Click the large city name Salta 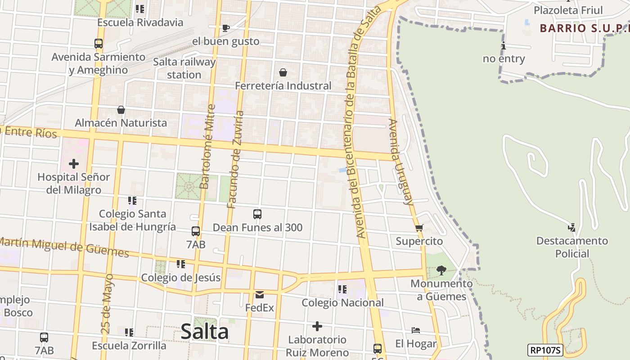click(x=205, y=332)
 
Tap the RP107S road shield click(x=545, y=350)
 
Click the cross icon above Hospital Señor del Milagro click(x=73, y=164)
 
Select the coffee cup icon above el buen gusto click(x=226, y=28)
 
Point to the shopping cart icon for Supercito click(x=419, y=228)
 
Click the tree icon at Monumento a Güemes click(x=441, y=270)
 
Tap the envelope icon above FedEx click(x=260, y=295)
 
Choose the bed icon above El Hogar click(x=416, y=331)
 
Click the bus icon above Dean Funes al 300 click(x=257, y=214)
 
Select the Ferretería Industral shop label click(x=283, y=85)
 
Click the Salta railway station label click(x=184, y=68)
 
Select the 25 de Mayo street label click(x=108, y=303)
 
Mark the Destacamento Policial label click(x=572, y=247)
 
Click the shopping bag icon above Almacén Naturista click(x=121, y=110)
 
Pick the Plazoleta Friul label click(x=568, y=10)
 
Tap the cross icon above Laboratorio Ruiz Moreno click(x=317, y=326)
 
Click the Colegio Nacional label click(x=342, y=302)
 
